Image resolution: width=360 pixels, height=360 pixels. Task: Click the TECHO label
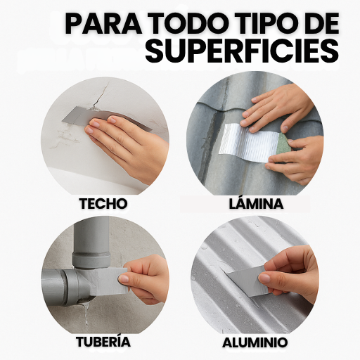tap(103, 203)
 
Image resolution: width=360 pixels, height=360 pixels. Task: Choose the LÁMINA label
tap(256, 203)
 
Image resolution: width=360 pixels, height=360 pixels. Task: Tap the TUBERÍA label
tap(103, 341)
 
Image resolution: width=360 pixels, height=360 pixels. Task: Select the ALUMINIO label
tap(255, 342)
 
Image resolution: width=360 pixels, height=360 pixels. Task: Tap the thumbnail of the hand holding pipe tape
tap(124, 279)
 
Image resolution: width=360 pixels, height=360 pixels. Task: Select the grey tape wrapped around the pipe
tap(109, 281)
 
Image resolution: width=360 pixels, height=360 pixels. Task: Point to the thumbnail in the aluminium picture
tap(264, 278)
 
